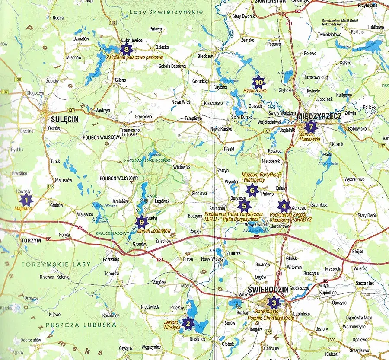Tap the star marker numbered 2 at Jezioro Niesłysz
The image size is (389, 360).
(x=188, y=323)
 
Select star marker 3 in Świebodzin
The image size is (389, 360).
(x=273, y=302)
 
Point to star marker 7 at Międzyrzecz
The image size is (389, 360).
(x=310, y=127)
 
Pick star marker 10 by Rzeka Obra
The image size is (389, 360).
(x=258, y=81)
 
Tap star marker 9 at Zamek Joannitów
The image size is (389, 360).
(x=141, y=222)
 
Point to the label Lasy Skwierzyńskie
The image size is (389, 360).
(x=166, y=12)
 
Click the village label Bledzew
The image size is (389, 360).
(x=205, y=56)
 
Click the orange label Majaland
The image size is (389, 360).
(x=25, y=208)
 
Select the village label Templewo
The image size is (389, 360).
(x=193, y=118)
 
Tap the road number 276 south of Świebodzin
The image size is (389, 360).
(x=268, y=332)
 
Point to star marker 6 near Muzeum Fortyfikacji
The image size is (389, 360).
(x=252, y=190)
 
